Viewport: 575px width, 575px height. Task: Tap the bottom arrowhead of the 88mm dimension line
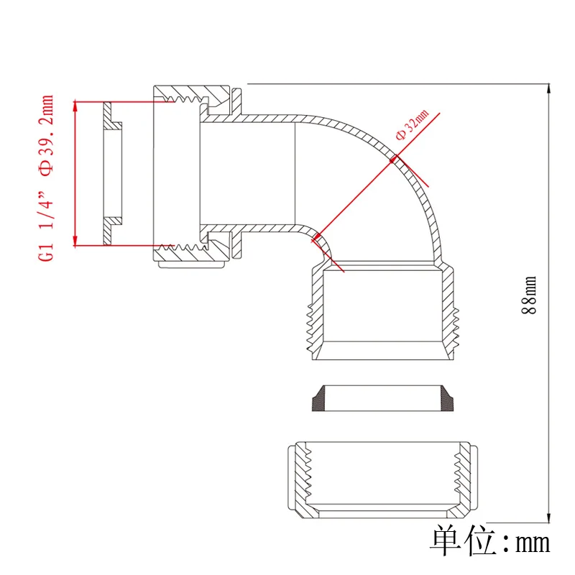point(549,518)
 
